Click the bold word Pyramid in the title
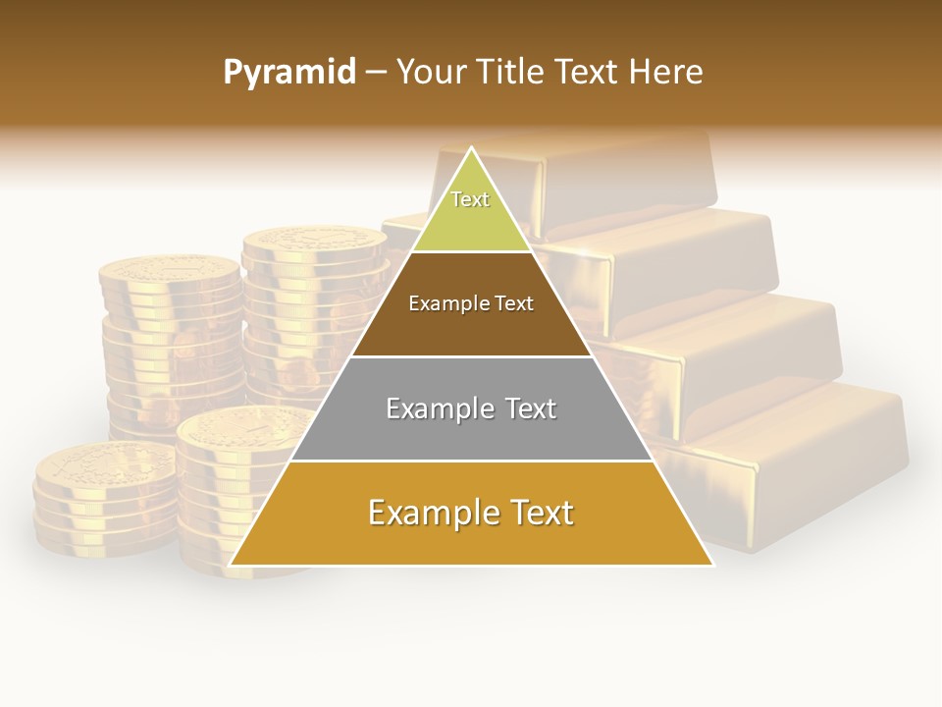coord(288,72)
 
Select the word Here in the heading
coord(665,72)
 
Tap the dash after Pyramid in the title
coord(375,73)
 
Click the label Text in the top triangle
coord(470,199)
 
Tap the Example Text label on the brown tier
coord(471,303)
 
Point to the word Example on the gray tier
coord(440,408)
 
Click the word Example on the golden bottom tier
coord(428,513)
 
